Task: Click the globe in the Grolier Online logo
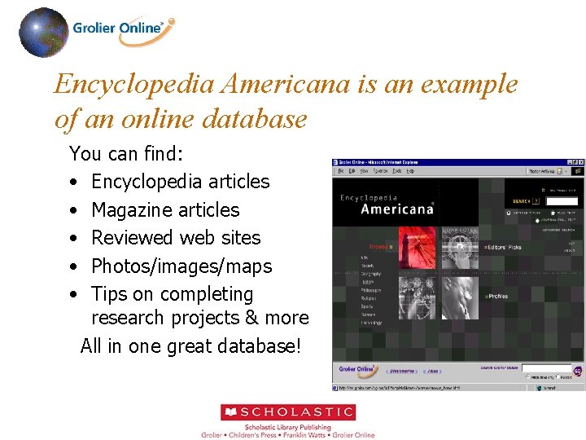coord(43,33)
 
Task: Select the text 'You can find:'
coord(126,153)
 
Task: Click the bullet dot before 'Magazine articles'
coord(74,210)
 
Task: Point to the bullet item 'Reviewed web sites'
coord(176,238)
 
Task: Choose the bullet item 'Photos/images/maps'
coord(181,266)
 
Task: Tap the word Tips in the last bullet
coord(108,294)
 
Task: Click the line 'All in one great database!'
coord(190,346)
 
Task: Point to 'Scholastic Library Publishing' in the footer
coord(288,427)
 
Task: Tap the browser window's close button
coord(579,163)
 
